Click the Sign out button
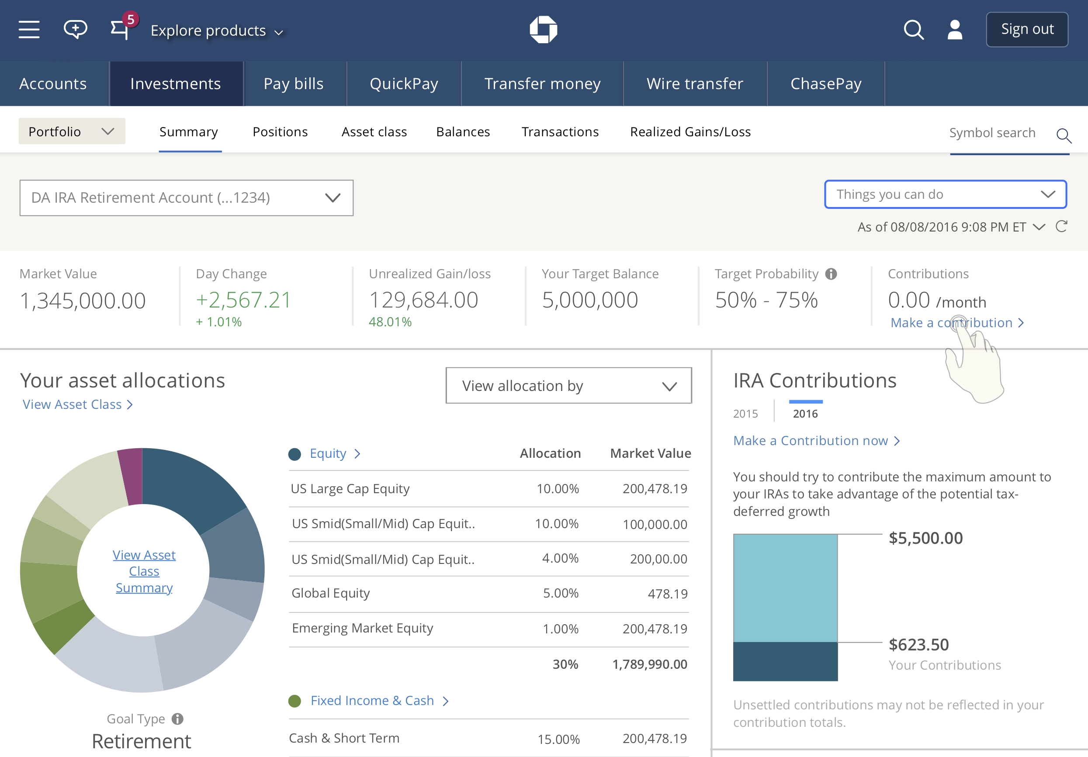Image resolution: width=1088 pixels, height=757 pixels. [1027, 29]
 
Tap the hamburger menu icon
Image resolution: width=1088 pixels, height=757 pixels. [29, 29]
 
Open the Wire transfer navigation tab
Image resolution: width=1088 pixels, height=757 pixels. [695, 83]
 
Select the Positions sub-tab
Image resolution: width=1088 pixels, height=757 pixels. [280, 131]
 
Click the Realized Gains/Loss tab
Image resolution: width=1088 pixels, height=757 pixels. [690, 131]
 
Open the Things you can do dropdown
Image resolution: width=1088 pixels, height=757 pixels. [946, 194]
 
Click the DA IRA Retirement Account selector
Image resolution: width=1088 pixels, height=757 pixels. [186, 197]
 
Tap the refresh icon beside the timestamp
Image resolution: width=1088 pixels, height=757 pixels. [1061, 226]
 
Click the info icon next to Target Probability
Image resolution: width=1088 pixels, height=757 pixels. [831, 274]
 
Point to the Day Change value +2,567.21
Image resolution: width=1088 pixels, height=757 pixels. [243, 300]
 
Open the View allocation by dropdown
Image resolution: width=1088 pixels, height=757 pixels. [568, 386]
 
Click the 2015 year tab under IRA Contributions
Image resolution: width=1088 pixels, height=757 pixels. [745, 414]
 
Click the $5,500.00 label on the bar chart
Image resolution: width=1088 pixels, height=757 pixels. [925, 538]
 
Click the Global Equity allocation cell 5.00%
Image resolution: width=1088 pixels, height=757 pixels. [561, 593]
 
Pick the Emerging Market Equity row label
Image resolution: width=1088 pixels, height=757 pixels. [363, 628]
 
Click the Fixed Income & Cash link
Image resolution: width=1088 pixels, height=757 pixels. [372, 700]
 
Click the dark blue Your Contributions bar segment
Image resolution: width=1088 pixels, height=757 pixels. [785, 661]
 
